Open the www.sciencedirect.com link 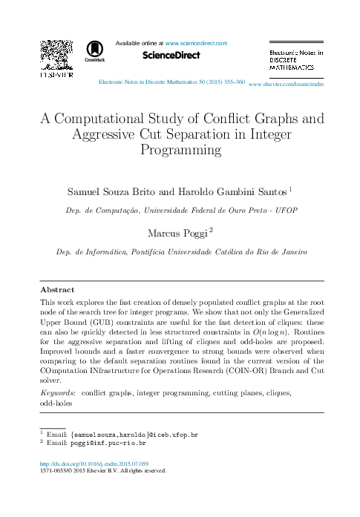[x=196, y=44]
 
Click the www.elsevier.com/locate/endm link [x=287, y=85]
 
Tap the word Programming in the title [x=180, y=149]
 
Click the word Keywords [x=57, y=391]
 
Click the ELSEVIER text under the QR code [x=56, y=75]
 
